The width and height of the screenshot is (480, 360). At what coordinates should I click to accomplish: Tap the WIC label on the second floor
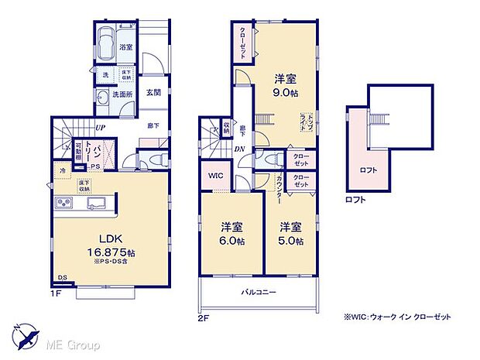tap(216, 177)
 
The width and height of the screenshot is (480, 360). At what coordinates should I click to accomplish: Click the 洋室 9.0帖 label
tap(284, 86)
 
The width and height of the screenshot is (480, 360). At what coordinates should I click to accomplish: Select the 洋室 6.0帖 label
tap(231, 233)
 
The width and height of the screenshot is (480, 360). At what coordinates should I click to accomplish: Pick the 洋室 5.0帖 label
tap(291, 233)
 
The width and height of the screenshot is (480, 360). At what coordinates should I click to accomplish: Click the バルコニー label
tap(259, 292)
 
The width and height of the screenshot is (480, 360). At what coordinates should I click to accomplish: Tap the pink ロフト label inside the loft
tap(368, 170)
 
